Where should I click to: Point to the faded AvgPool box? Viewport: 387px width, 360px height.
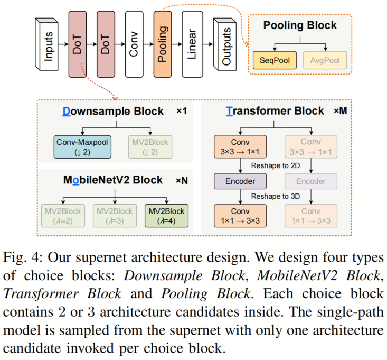pyautogui.click(x=325, y=60)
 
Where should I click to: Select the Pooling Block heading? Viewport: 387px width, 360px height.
pyautogui.click(x=299, y=25)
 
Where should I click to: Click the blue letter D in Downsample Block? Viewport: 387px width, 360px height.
pyautogui.click(x=67, y=112)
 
